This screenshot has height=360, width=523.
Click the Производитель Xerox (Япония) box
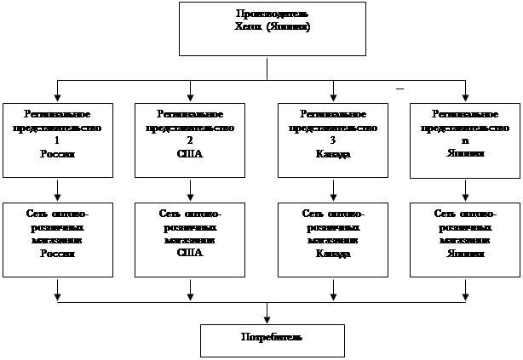(267, 29)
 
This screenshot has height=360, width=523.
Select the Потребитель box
(273, 340)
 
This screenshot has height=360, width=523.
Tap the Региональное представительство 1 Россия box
(57, 140)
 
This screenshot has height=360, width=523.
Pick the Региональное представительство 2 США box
(190, 140)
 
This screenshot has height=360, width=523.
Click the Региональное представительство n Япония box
(465, 140)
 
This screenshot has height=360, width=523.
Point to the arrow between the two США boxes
(190, 190)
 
